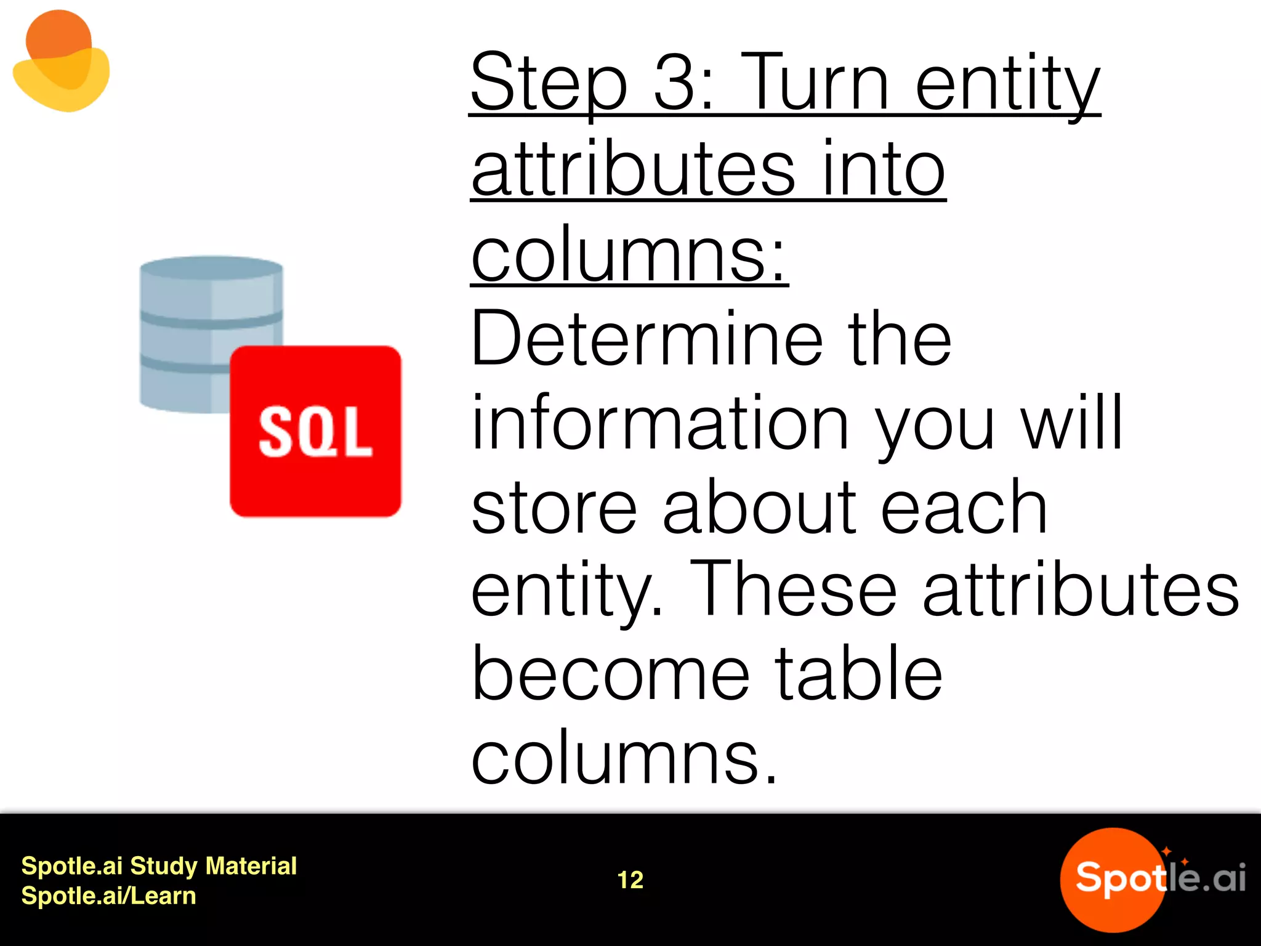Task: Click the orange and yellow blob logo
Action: coord(60,62)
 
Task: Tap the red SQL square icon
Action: coord(315,431)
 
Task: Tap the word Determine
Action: coord(647,338)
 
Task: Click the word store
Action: coord(554,507)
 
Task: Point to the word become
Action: coord(610,675)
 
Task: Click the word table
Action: coord(858,674)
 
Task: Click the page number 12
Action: coord(630,880)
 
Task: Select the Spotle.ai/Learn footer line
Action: coord(108,895)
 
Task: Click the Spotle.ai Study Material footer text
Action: coord(159,866)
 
